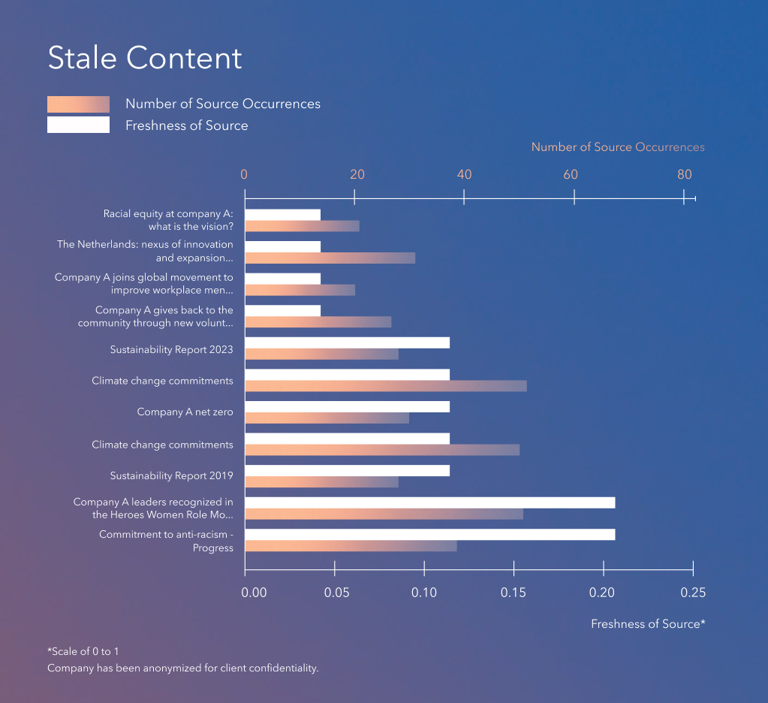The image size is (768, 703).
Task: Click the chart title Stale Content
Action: coord(145,59)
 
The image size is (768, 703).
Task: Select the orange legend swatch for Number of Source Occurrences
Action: coord(78,104)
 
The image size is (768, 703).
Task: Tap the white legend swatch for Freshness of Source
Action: coord(78,125)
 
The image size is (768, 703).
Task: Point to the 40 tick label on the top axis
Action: coord(464,175)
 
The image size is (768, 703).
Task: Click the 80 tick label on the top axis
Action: coord(684,175)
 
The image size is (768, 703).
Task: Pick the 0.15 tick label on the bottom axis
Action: coord(514,593)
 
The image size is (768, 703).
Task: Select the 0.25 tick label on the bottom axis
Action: coord(693,593)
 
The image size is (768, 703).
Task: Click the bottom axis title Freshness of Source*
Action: coord(648,624)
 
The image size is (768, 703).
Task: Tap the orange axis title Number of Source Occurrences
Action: coord(618,147)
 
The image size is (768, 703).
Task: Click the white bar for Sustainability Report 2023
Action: coord(347,342)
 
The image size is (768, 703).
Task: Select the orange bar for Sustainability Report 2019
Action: coord(321,482)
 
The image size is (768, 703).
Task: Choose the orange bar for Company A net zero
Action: coord(327,418)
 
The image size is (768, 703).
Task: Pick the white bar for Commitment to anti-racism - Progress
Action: coord(429,535)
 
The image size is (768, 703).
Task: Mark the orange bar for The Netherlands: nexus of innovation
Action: coord(330,258)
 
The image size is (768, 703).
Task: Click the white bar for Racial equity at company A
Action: coord(282,215)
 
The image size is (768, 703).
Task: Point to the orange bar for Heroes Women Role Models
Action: coord(384,514)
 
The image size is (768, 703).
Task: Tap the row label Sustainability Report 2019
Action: coord(171,476)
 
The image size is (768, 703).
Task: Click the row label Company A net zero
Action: coord(185,412)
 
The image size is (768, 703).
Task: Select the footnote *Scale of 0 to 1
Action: coord(83,651)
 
